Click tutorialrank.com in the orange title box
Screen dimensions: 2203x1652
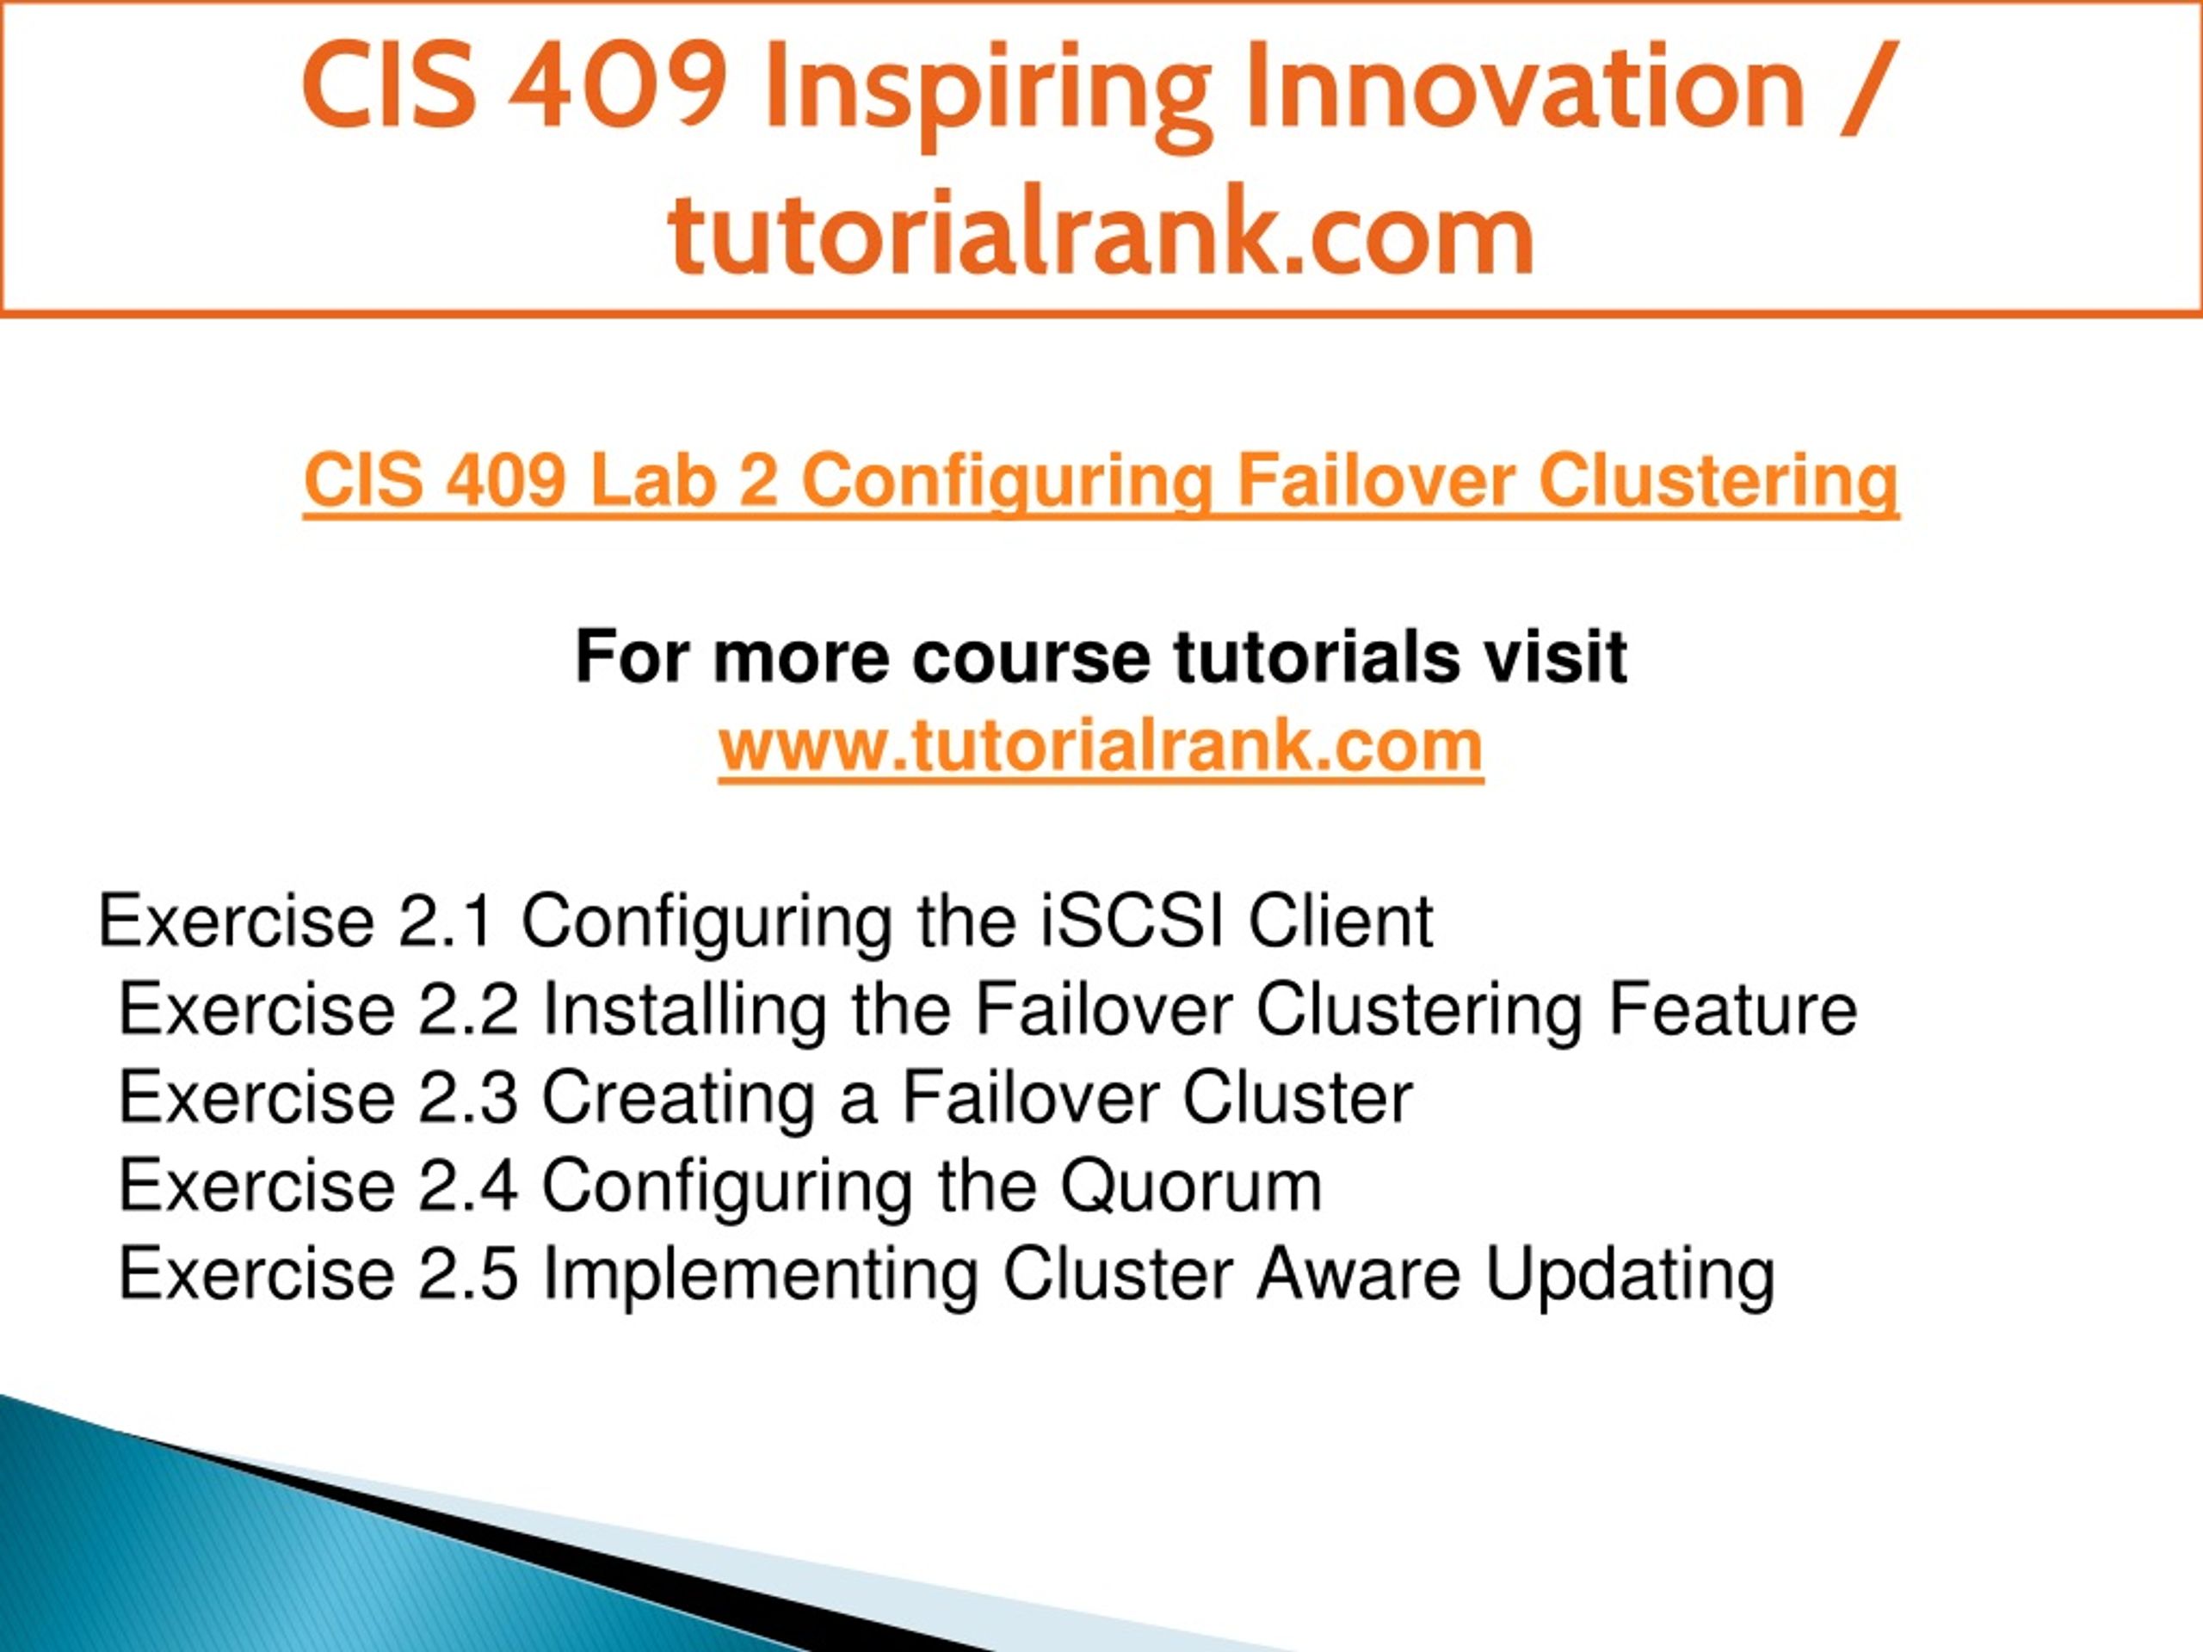pyautogui.click(x=1101, y=231)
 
